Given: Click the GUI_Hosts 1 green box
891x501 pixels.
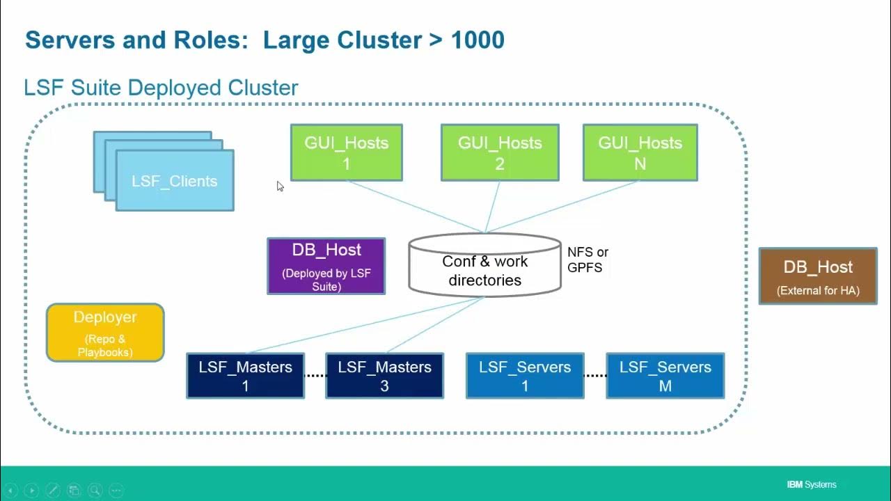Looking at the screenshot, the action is tap(347, 152).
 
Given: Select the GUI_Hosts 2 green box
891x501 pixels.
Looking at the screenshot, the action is tap(500, 152).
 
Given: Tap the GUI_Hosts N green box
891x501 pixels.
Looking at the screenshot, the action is tap(640, 152).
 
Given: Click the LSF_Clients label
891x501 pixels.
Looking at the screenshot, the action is tap(175, 182).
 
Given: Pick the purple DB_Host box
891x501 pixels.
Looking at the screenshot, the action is tap(326, 266).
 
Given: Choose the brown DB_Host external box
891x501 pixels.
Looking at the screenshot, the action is tap(818, 276).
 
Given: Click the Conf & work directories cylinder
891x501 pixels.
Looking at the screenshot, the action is tap(485, 265).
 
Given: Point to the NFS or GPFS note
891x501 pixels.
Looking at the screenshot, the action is tap(588, 260).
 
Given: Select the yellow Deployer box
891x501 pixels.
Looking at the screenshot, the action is tap(105, 333).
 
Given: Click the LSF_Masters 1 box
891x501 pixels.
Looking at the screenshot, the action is tap(246, 376).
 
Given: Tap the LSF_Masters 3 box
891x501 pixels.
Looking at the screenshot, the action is tap(385, 376).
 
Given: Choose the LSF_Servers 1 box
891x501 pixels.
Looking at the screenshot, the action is tap(525, 376).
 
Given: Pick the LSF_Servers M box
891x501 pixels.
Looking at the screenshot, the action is tap(665, 376).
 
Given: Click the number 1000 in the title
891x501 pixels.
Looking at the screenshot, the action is tap(478, 40).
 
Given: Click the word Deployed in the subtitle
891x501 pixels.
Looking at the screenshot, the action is tap(174, 88).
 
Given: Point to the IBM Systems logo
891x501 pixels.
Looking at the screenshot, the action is tap(812, 485).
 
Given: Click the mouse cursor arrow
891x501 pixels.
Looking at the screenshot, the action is tap(280, 186).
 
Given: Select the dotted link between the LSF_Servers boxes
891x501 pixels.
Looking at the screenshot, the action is tap(595, 375).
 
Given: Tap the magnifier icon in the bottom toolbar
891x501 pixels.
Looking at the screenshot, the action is tap(95, 491).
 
